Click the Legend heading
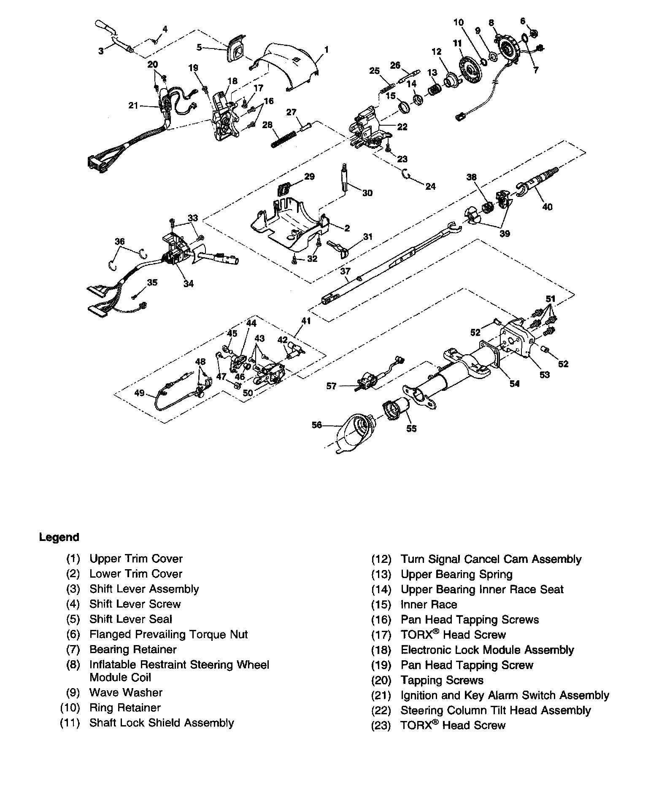(x=59, y=537)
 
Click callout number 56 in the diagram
(x=316, y=425)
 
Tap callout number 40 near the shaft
(x=547, y=207)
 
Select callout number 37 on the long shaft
(x=345, y=271)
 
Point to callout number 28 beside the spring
(x=267, y=125)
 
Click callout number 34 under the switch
(x=188, y=284)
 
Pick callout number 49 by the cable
(x=139, y=393)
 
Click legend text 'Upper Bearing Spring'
(x=456, y=574)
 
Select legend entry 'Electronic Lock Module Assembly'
(x=487, y=650)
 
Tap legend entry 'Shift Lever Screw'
(x=135, y=604)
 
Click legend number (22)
(x=381, y=710)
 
